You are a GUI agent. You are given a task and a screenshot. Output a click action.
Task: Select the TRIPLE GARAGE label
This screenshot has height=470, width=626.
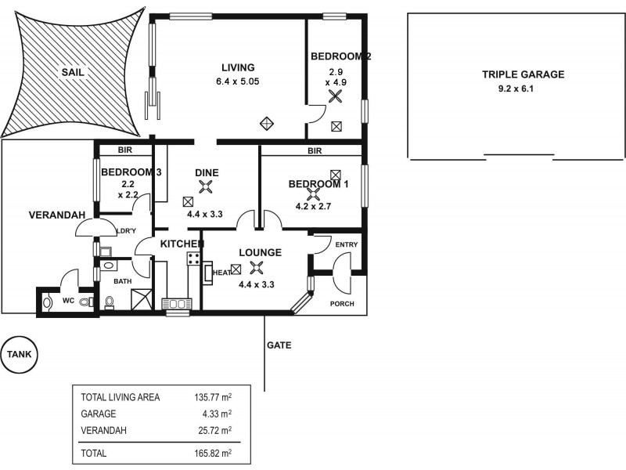tap(523, 75)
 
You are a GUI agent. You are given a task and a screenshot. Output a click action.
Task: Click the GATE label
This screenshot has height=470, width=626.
tap(279, 345)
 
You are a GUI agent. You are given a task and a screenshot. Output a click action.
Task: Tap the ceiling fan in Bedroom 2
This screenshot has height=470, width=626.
tap(336, 97)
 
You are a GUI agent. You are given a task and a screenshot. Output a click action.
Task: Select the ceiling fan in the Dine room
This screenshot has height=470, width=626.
tap(206, 186)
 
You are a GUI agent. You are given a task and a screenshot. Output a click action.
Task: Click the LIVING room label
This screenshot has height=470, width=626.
tap(238, 67)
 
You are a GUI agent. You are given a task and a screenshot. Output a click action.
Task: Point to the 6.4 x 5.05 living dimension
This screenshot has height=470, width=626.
tap(238, 81)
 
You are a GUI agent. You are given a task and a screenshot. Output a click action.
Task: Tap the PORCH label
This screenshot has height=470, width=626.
tap(341, 303)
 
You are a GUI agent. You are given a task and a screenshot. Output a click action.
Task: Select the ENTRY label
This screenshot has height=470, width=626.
tap(346, 245)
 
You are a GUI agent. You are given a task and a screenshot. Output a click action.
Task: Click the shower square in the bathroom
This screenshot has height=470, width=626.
tap(142, 299)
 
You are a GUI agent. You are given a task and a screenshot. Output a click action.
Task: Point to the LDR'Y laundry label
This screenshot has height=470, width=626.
tap(127, 231)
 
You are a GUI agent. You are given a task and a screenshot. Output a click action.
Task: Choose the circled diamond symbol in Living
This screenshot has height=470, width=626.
tap(267, 122)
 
